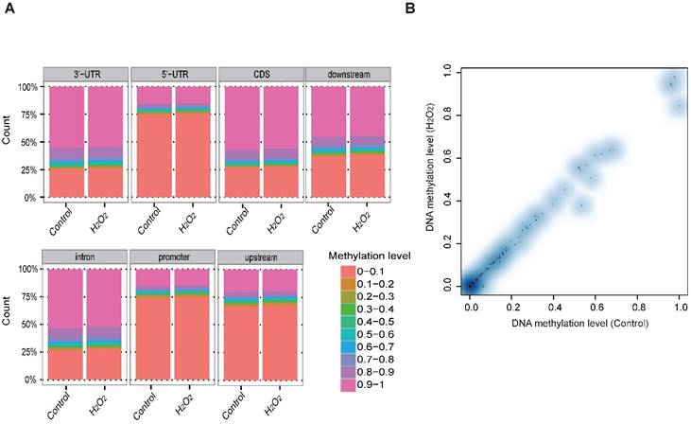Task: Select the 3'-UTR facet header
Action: pos(85,75)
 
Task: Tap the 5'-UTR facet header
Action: pos(172,75)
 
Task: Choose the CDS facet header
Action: pos(259,75)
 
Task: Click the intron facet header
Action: pos(85,257)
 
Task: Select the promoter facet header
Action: pos(172,257)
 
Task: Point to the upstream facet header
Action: pos(259,257)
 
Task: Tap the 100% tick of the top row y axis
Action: pos(28,87)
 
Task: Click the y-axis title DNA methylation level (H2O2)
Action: pos(432,180)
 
